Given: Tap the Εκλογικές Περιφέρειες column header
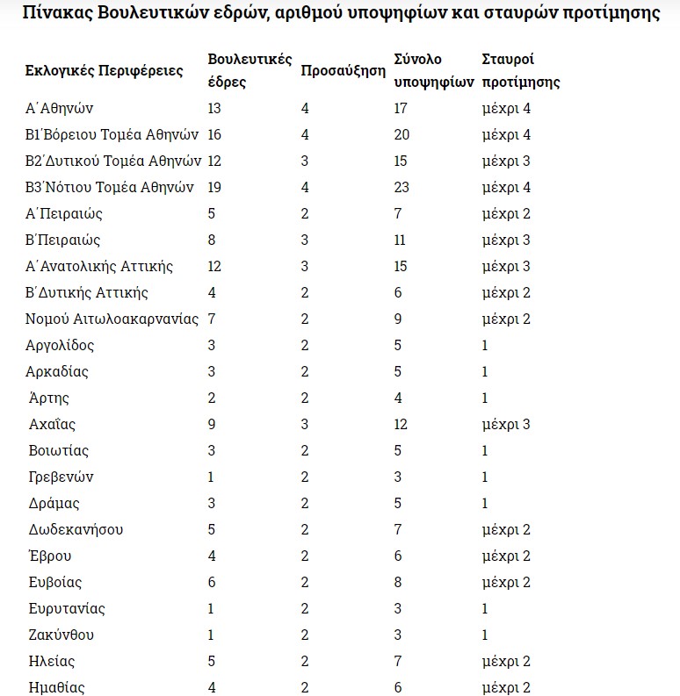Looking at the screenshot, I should point(105,71).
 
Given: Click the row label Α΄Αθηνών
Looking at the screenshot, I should point(60,109).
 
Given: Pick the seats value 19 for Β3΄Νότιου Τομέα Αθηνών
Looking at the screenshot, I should point(215,188).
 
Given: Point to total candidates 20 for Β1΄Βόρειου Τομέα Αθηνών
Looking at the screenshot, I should point(402,135).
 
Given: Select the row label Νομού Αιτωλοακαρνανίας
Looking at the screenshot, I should point(112,319).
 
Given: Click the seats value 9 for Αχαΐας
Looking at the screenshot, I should point(212,425).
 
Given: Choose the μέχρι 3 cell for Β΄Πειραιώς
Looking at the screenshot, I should point(506,240).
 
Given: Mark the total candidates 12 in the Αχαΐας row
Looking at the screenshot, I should point(401,425).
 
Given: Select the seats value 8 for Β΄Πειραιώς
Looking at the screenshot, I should point(212,240).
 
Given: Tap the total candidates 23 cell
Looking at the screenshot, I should point(402,188).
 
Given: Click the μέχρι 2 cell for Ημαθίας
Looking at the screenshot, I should point(506,688).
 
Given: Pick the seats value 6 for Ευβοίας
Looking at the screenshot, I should point(212,583).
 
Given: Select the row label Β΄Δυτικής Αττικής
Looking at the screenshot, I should point(87,293).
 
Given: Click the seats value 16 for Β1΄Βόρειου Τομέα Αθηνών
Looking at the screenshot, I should point(215,135).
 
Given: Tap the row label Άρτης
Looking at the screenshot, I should point(49,398).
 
